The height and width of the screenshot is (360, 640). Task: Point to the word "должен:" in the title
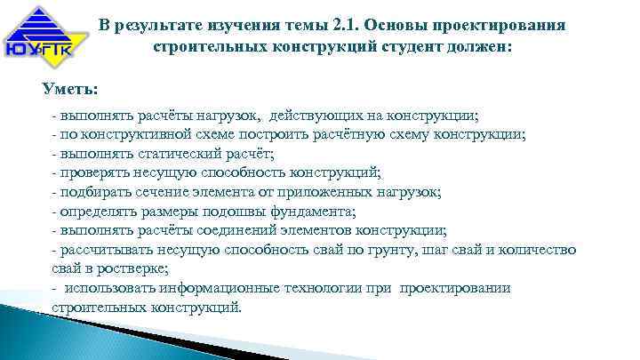[478, 45]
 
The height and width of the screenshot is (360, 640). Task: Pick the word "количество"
[538, 249]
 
